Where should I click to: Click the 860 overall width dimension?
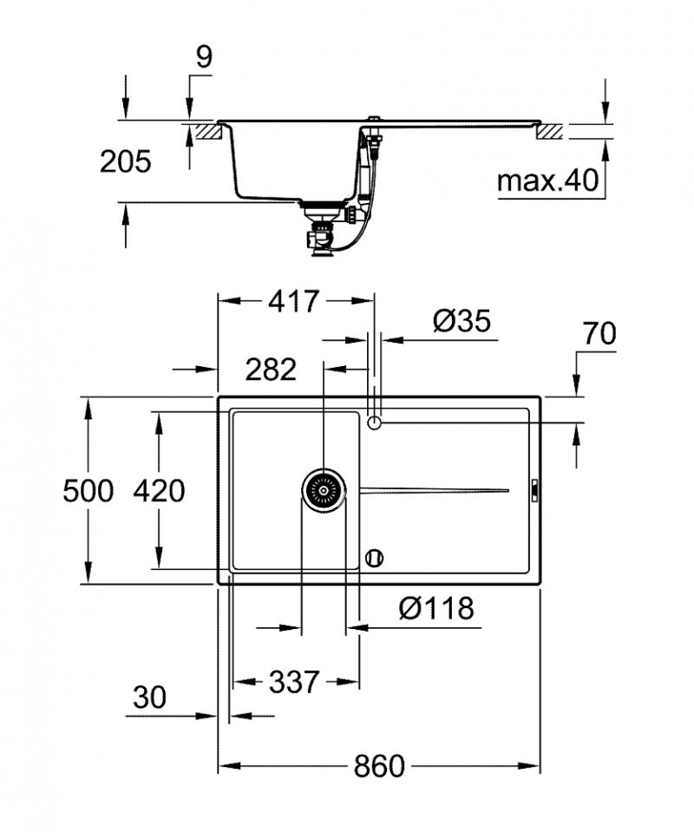[x=379, y=766]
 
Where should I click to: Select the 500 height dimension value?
[x=88, y=492]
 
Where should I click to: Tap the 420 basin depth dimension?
[x=158, y=492]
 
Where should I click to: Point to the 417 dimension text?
[x=294, y=302]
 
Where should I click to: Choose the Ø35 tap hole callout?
[x=462, y=322]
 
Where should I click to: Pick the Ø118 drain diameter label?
[x=436, y=609]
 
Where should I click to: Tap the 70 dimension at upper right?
[x=598, y=334]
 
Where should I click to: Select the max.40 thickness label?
[x=547, y=181]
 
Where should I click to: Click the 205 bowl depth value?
[x=125, y=161]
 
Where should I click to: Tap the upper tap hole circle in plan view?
[x=375, y=423]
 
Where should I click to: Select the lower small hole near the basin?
[x=375, y=557]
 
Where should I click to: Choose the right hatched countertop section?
[x=551, y=133]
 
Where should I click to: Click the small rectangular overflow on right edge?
[x=534, y=490]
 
